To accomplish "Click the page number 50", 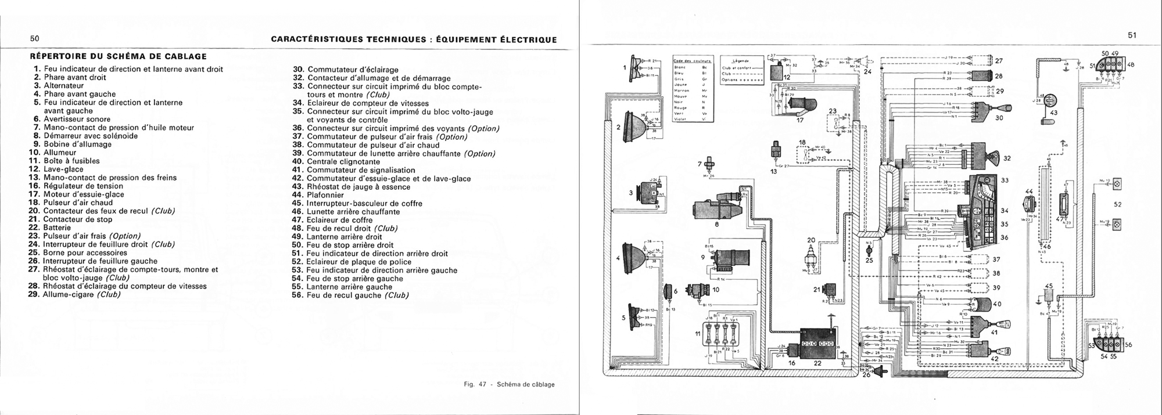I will click(34, 39).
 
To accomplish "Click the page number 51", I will click(1131, 35).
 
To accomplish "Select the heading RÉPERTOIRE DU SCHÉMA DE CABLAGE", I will click(119, 57).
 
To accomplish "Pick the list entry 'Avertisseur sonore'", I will click(73, 119).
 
